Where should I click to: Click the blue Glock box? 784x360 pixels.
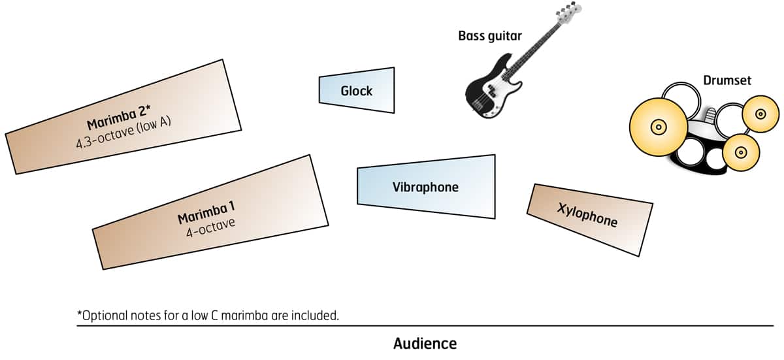357,90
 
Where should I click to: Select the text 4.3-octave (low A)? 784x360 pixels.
123,131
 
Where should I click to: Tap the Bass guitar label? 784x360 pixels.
489,36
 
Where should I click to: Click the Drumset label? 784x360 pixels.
727,80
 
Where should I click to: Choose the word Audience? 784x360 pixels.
425,344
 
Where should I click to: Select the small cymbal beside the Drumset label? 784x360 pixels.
760,114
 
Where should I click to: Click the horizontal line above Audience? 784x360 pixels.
425,325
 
